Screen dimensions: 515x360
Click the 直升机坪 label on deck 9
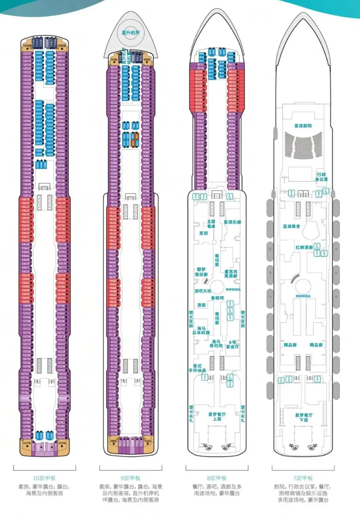(131, 33)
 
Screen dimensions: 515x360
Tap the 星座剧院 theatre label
(303, 126)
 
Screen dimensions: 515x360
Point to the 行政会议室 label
(321, 177)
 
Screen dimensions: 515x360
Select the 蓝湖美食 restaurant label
(291, 226)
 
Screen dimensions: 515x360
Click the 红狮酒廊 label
(304, 247)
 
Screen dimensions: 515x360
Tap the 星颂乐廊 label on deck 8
(232, 222)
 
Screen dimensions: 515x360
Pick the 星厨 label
(203, 233)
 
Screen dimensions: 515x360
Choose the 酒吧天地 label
(203, 291)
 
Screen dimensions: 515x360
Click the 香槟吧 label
(217, 298)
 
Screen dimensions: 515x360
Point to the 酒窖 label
(201, 305)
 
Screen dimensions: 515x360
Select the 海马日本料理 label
(201, 330)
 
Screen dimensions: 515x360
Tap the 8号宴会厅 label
(232, 344)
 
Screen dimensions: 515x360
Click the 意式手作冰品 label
(197, 368)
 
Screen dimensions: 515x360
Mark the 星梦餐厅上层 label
(217, 416)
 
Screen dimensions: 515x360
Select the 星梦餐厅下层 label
(304, 417)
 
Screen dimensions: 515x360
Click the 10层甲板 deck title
(44, 478)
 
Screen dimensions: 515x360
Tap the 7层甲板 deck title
(303, 478)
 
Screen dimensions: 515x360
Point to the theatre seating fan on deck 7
(303, 144)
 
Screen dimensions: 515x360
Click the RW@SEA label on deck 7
(303, 296)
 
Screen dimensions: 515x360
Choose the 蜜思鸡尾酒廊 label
(231, 274)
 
